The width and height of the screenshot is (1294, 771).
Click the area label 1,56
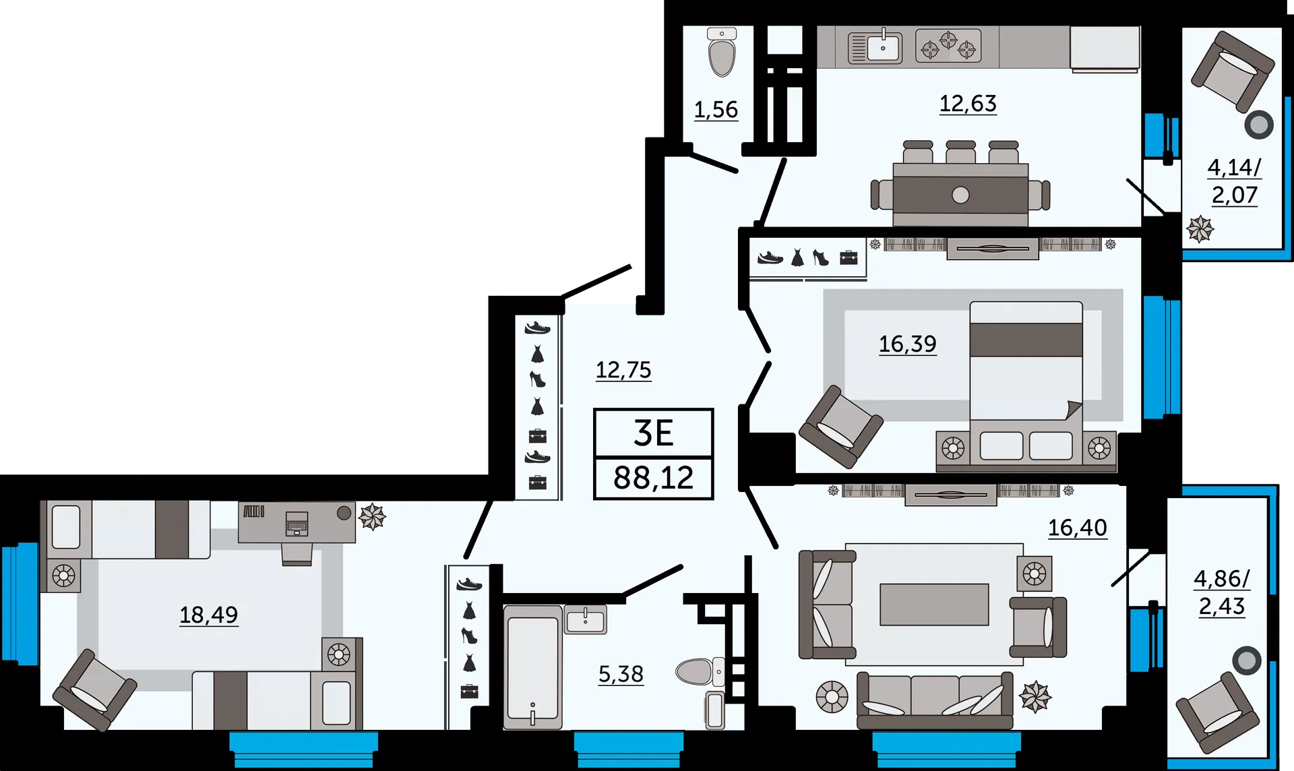coord(716,109)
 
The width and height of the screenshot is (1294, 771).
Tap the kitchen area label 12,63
coord(968,103)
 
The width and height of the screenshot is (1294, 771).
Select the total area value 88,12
coord(653,478)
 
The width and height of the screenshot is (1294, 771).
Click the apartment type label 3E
coord(653,433)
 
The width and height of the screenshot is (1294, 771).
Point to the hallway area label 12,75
coord(623,370)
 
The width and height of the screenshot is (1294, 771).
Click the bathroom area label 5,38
coord(621,674)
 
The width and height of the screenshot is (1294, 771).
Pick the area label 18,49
coord(208,615)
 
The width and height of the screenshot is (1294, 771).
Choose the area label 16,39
coord(907,344)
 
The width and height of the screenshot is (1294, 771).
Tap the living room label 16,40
coord(1077,528)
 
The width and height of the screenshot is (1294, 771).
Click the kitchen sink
coord(875,47)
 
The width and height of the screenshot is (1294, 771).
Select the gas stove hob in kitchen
coord(948,46)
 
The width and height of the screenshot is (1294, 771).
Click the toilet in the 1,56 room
coord(722,52)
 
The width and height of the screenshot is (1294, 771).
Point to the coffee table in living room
coord(934,605)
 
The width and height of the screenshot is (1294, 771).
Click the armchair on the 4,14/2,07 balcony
coord(1233,71)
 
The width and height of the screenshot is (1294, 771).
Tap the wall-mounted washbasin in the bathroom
coord(585,619)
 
